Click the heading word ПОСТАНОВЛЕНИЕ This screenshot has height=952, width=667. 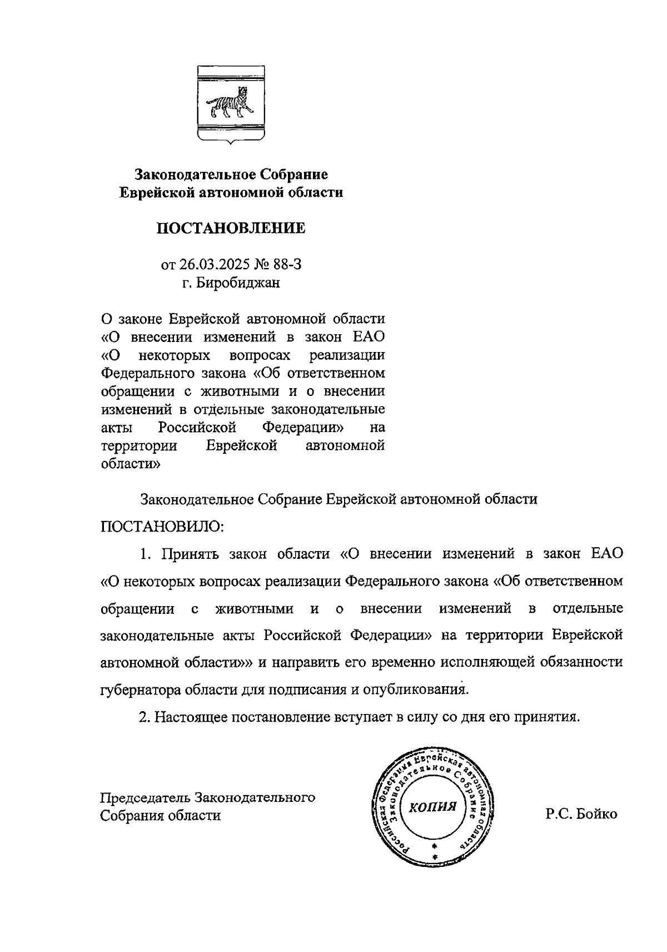[231, 228]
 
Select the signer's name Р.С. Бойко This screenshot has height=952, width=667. [581, 814]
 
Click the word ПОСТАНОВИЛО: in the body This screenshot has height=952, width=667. [162, 526]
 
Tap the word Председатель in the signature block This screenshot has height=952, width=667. [144, 797]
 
